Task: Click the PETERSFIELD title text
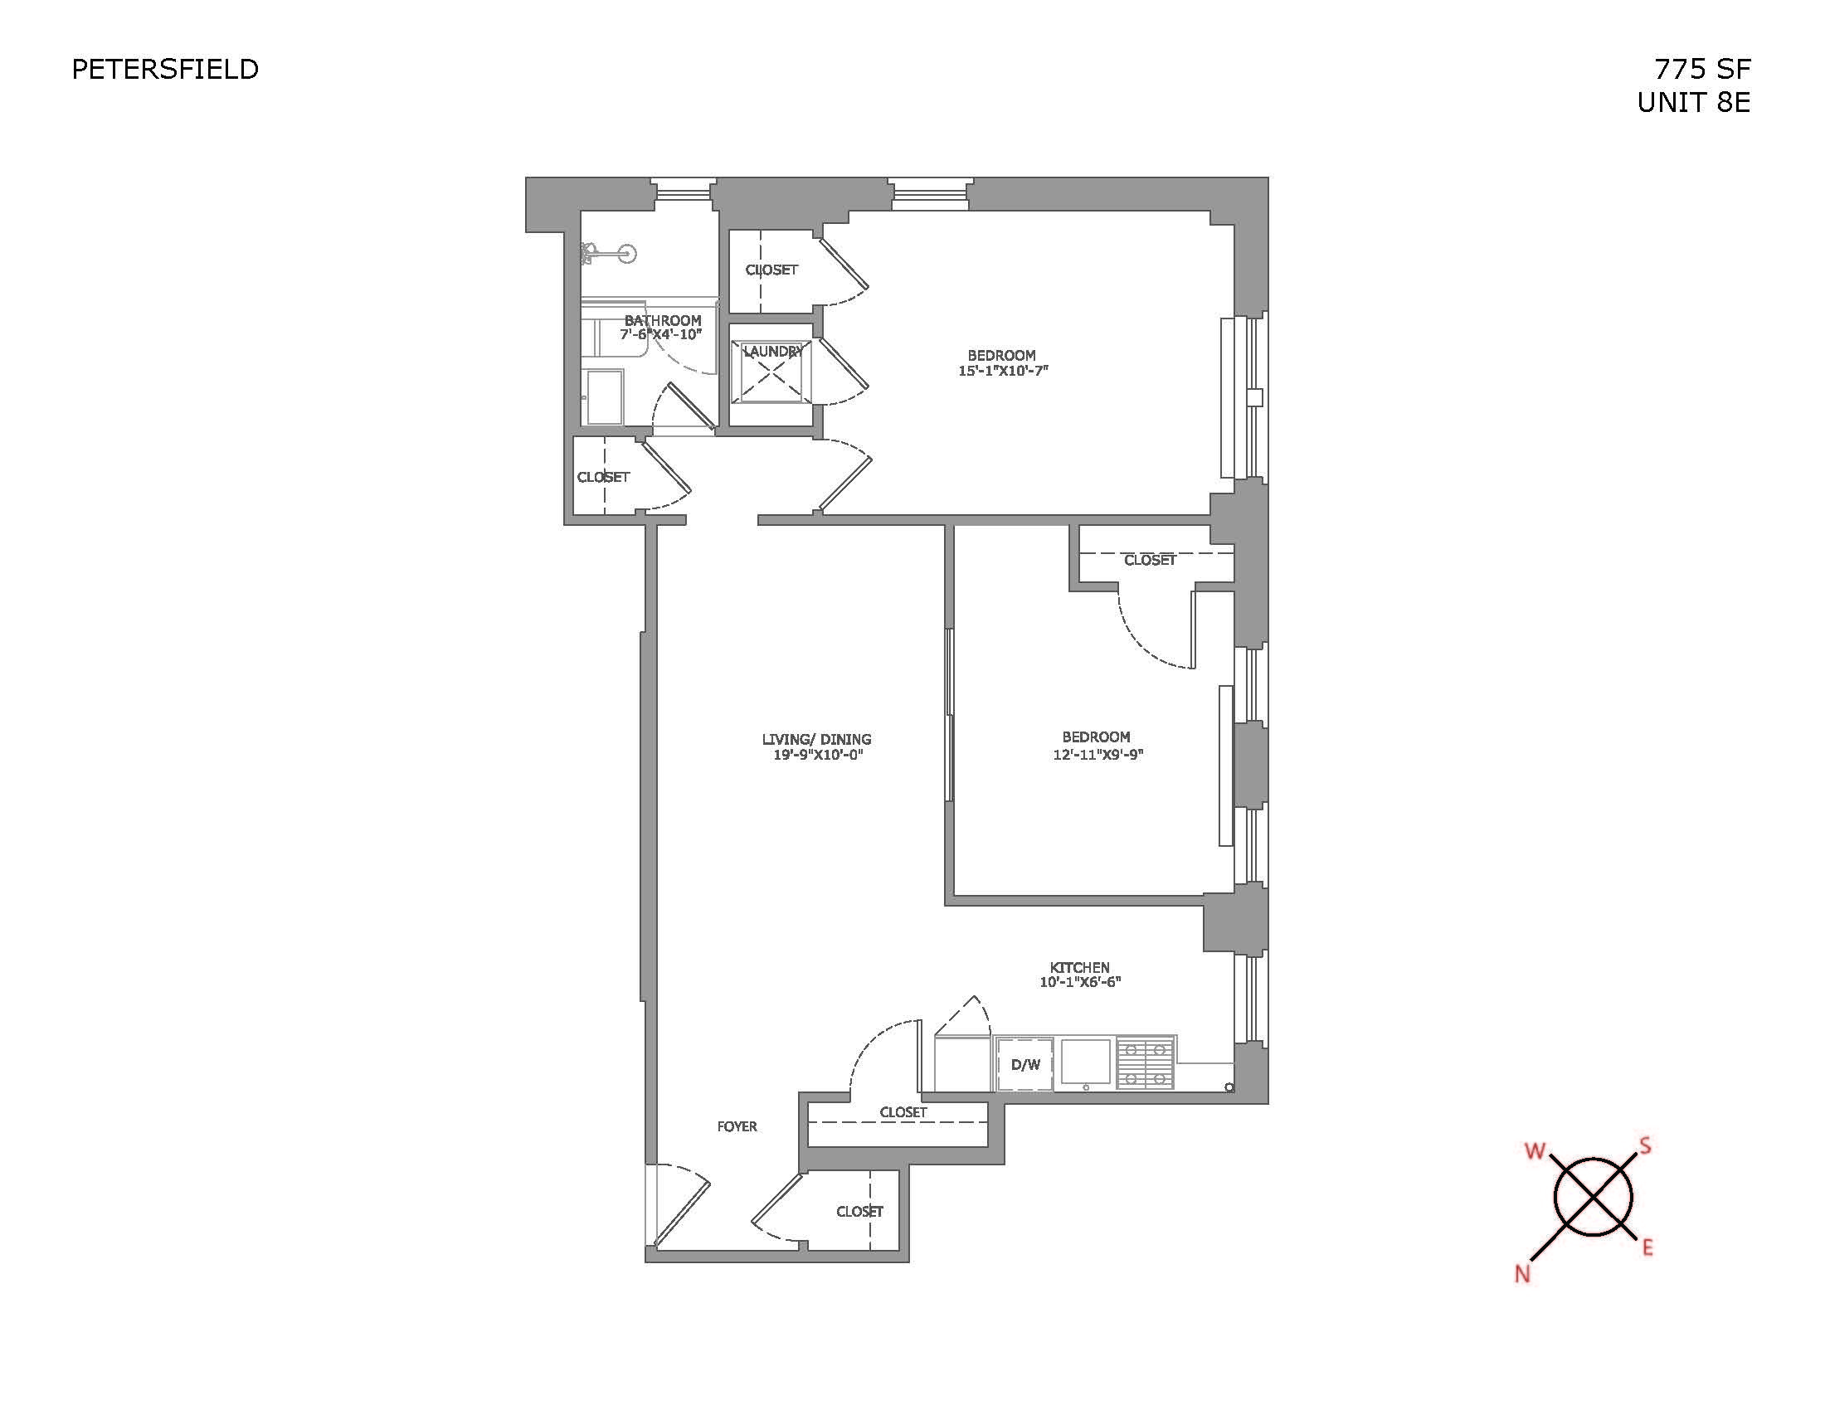point(164,70)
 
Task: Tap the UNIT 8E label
point(1693,102)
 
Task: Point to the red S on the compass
point(1644,1146)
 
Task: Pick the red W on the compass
point(1535,1151)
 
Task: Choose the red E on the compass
point(1647,1248)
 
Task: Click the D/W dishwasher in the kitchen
point(1024,1064)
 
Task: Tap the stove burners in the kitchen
point(1146,1062)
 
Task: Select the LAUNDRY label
point(772,352)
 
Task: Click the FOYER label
point(737,1127)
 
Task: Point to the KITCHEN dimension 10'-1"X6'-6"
point(1079,982)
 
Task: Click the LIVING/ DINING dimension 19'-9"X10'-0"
point(816,755)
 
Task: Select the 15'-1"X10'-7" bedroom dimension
point(1002,370)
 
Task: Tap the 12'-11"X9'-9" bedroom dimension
point(1097,754)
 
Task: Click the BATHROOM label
point(663,320)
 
